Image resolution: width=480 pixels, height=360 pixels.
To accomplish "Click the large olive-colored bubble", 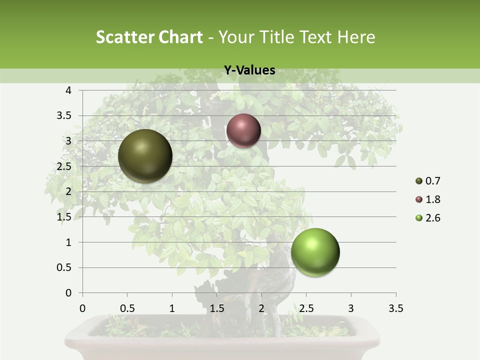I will click(x=145, y=156).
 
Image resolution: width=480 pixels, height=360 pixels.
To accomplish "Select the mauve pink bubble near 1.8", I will click(x=243, y=130).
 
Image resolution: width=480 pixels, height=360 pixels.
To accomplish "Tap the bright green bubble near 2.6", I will click(x=315, y=252).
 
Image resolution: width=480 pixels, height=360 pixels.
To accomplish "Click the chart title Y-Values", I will click(x=249, y=70).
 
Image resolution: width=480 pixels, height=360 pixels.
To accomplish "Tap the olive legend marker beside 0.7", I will click(x=419, y=181).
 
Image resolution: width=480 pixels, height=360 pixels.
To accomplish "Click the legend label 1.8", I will click(x=432, y=199).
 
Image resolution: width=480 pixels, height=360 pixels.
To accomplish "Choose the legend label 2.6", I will click(x=432, y=218).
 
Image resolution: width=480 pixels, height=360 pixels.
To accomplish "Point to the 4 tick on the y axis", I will click(x=68, y=90).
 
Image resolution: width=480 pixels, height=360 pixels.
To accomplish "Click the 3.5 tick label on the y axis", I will click(x=64, y=115).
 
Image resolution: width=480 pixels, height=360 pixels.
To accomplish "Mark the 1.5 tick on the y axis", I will click(x=64, y=217).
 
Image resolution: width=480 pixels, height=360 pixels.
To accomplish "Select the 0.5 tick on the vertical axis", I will click(x=64, y=267).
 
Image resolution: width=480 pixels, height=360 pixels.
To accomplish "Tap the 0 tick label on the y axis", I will click(x=68, y=293).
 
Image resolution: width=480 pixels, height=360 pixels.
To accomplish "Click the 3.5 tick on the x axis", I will click(x=395, y=308).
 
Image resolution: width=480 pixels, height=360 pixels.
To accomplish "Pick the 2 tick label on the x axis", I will click(x=261, y=308).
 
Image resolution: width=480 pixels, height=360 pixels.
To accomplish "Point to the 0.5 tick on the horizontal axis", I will click(x=127, y=308).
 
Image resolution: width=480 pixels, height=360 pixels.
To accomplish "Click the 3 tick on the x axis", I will click(x=351, y=308).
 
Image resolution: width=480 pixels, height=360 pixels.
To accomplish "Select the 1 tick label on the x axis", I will click(x=172, y=308).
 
